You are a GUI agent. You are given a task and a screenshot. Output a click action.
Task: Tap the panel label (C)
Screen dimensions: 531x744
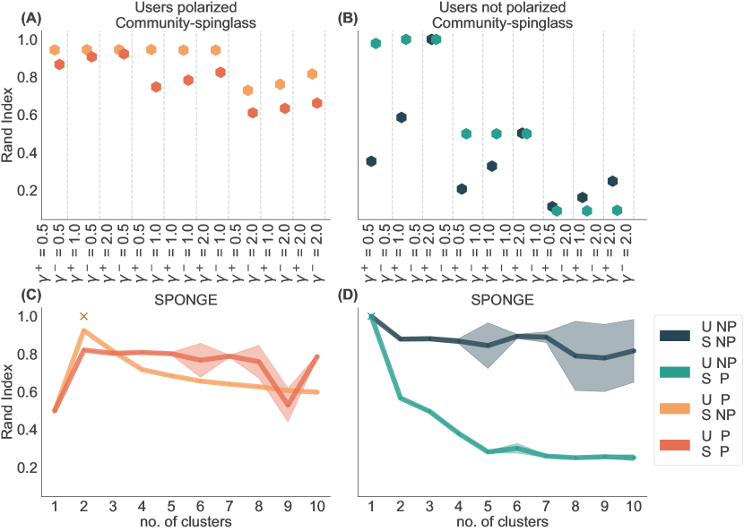(16, 295)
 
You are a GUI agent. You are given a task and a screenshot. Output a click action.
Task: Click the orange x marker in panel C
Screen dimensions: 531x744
(83, 316)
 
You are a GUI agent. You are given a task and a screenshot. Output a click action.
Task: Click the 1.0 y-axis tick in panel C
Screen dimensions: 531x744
(28, 316)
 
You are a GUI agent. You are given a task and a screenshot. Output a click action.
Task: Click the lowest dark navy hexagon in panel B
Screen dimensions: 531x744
(552, 207)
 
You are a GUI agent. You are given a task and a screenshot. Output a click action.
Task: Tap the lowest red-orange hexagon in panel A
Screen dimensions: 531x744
(253, 113)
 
